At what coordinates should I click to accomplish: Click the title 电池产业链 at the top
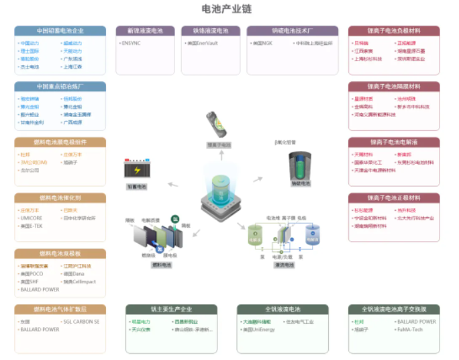(x=227, y=9)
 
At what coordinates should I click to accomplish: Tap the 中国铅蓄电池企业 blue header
(x=60, y=31)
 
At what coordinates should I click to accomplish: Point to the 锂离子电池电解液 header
(x=394, y=142)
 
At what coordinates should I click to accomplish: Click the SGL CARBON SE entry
(x=81, y=321)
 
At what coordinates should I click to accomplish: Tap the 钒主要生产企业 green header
(x=171, y=309)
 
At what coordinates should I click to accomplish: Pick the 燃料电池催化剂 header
(x=60, y=198)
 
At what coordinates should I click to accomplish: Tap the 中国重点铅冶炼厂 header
(x=60, y=87)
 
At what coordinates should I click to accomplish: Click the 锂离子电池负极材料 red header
(x=394, y=31)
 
